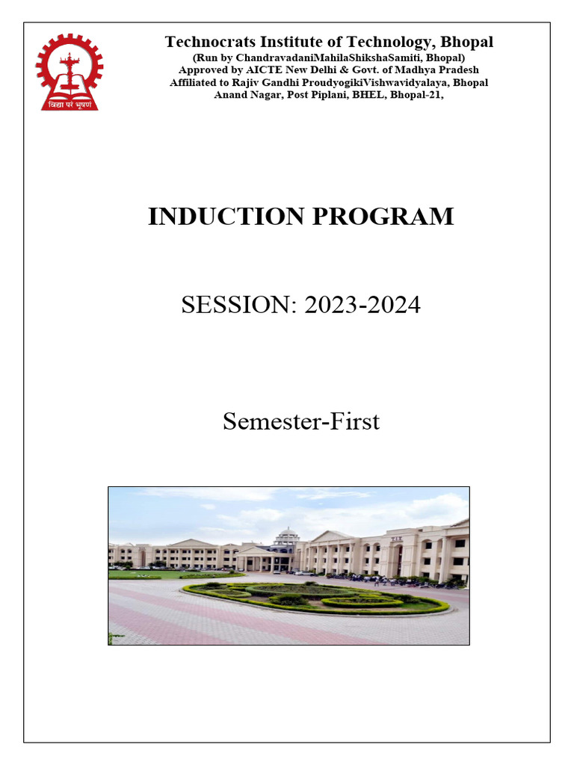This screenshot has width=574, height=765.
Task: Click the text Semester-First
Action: coord(301,421)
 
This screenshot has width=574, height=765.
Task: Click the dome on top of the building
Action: coord(286,536)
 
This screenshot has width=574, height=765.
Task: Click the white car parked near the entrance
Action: coord(299,572)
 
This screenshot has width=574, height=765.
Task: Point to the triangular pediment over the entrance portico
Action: coord(254,551)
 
